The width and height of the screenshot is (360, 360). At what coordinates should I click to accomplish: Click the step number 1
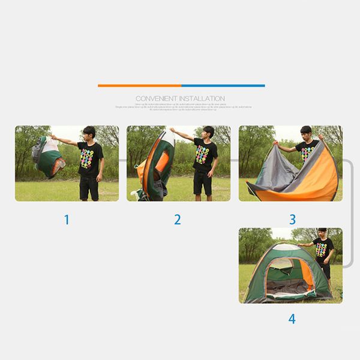(x=67, y=220)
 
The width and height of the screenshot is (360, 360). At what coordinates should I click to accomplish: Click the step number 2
(x=178, y=220)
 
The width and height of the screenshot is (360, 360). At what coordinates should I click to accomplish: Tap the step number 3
(x=292, y=220)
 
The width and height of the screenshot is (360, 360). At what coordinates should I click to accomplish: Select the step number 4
(x=292, y=319)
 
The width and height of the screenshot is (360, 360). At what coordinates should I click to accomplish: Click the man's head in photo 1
(x=89, y=133)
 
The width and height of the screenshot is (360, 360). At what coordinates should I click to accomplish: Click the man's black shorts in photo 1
(x=89, y=187)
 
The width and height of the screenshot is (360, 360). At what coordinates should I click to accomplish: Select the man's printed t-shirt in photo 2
(x=203, y=155)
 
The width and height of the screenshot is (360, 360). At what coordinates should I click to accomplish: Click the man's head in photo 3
(x=306, y=131)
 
